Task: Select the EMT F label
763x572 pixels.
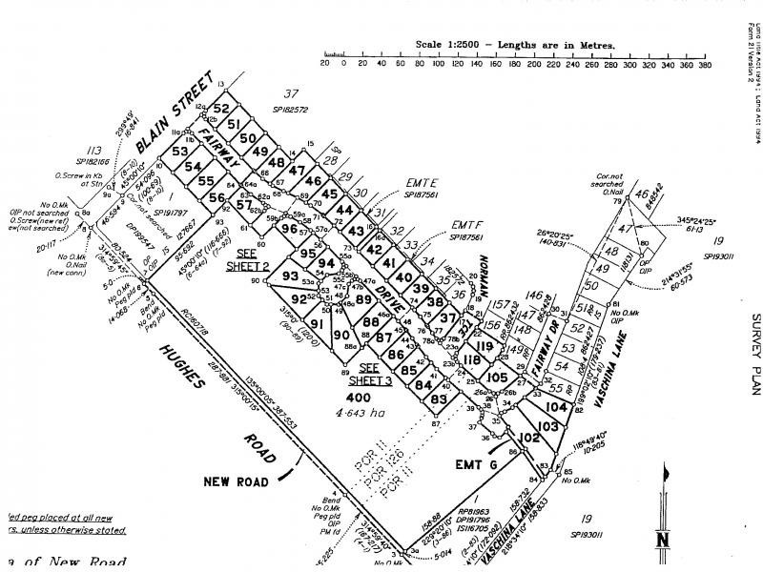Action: (x=466, y=225)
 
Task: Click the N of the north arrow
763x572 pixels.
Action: (x=661, y=542)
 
